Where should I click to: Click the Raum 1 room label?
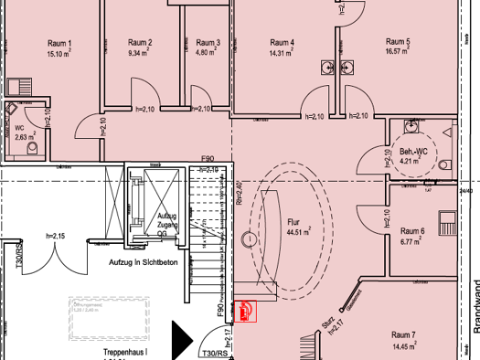(x=58, y=43)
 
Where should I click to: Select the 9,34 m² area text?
(x=139, y=53)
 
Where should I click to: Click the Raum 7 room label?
(x=403, y=336)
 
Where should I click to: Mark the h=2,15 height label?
(x=58, y=237)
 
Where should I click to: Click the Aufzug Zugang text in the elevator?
(x=166, y=219)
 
